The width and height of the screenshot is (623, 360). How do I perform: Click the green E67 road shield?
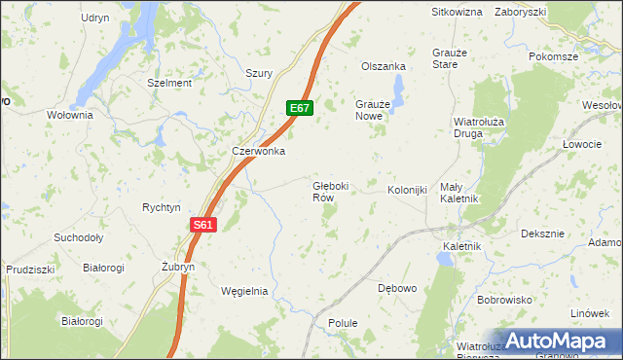299,108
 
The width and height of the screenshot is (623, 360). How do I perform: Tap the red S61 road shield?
202,225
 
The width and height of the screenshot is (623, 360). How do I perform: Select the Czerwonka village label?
258,151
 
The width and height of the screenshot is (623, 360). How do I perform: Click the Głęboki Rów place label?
329,191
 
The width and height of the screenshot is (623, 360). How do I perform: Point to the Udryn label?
95,18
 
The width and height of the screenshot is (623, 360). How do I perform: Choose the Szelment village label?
168,83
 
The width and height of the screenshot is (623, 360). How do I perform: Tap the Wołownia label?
69,114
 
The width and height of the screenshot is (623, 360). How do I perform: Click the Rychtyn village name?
162,207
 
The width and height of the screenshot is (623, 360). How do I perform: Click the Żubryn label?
178,266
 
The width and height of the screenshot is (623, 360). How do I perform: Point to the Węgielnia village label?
244,291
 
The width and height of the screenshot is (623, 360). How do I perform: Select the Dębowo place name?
396,288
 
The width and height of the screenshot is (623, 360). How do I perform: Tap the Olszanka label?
383,66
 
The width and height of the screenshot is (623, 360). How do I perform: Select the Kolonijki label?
407,190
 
